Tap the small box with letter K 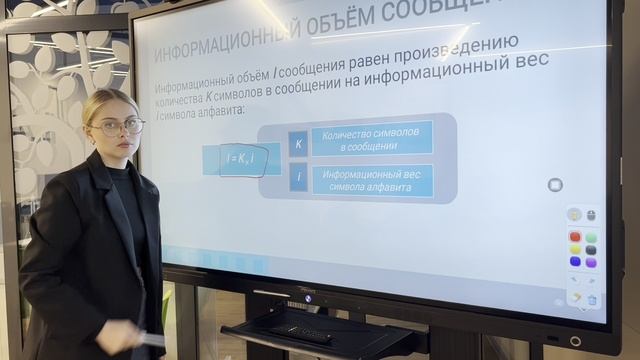(298, 143)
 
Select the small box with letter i (298, 180)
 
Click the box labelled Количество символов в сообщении (371, 139)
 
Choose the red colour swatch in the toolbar (574, 237)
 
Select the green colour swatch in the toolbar (590, 237)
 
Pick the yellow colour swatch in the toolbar (574, 249)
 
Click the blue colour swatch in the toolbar (574, 261)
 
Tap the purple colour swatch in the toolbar (590, 261)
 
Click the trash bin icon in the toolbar (591, 299)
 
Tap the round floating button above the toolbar (555, 185)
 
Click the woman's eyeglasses (119, 127)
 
